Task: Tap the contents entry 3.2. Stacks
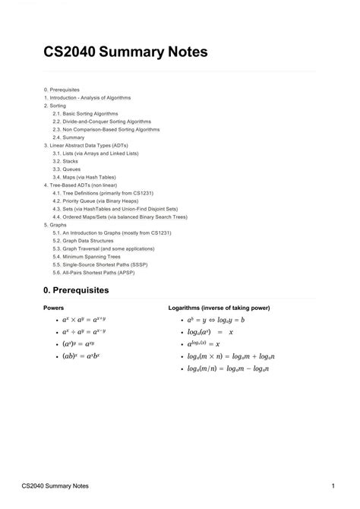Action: [66, 161]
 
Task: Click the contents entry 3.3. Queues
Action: [68, 169]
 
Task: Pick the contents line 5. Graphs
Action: [56, 224]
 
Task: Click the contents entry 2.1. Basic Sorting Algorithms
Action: [86, 113]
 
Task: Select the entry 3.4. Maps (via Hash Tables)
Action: [84, 177]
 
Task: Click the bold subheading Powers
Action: [54, 308]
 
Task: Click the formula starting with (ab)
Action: [82, 356]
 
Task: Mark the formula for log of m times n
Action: [232, 356]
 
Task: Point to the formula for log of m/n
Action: [229, 368]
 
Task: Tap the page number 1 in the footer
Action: [333, 485]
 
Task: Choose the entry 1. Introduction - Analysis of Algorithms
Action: [87, 97]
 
